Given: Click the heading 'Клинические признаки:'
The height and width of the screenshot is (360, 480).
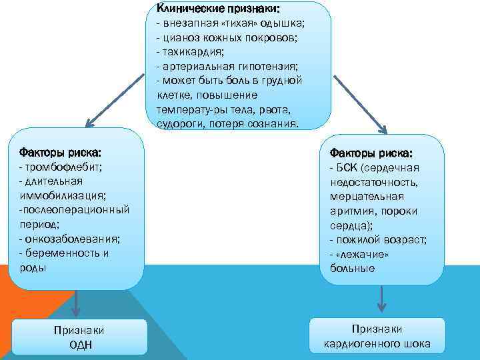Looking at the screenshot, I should click(218, 9).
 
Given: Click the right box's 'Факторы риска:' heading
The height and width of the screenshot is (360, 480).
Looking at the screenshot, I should click(371, 153).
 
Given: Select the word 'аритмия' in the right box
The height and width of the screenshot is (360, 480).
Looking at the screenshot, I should click(348, 211).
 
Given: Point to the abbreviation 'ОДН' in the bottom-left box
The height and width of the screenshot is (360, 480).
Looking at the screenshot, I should click(80, 344).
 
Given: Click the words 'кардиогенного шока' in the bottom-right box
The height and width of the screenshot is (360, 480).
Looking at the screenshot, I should click(377, 345).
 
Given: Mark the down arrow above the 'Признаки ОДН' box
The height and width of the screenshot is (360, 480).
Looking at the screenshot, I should click(77, 303).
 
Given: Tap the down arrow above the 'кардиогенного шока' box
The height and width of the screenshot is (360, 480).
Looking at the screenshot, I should click(381, 300).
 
